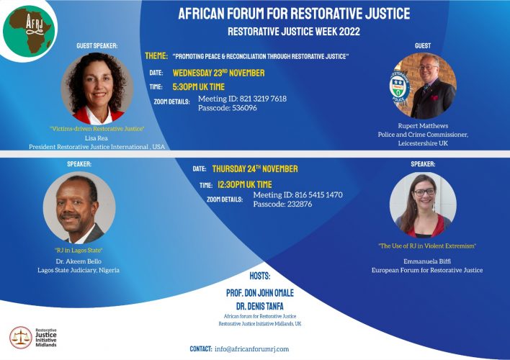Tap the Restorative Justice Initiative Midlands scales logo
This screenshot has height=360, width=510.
tap(19, 337)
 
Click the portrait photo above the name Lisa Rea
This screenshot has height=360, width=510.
tap(97, 87)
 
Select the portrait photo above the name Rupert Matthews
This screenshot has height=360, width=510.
tap(424, 86)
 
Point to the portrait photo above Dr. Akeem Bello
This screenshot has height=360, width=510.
tap(79, 207)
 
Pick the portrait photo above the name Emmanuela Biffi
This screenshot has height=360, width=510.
tap(423, 205)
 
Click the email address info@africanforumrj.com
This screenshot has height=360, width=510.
tap(251, 349)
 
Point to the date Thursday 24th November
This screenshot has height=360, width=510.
tap(254, 169)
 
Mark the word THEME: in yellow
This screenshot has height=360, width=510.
tap(156, 55)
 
